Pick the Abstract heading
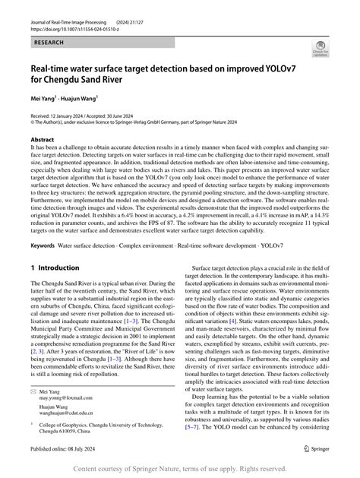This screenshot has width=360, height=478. (42, 141)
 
